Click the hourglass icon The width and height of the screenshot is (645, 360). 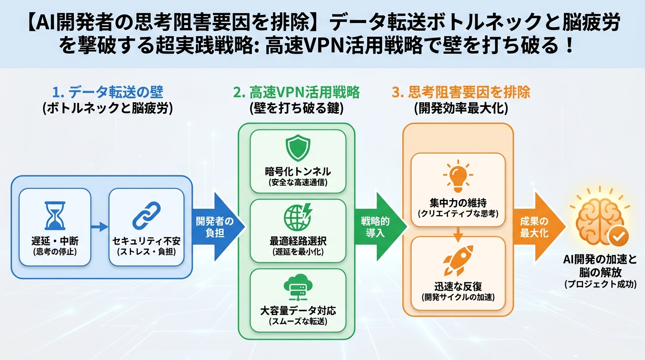(55, 216)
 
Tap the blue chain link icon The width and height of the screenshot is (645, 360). (146, 216)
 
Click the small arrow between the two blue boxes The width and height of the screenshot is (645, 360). (99, 227)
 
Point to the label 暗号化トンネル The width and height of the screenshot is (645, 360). (298, 171)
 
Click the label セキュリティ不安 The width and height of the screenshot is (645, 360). (146, 242)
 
